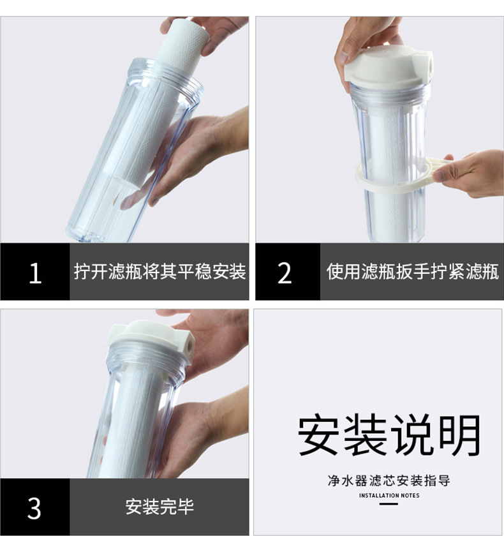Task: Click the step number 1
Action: pos(35,272)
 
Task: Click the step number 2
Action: pos(285,272)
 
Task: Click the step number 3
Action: pos(34,508)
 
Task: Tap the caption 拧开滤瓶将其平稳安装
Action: pos(159,272)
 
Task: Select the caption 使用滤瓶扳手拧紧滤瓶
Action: pos(412,272)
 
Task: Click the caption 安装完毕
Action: pos(159,508)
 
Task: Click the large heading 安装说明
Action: pos(389,435)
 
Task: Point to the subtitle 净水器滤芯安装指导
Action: pos(389,480)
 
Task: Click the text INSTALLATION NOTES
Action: pos(389,495)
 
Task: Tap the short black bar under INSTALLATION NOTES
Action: pos(389,504)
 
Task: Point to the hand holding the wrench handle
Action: pos(472,172)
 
